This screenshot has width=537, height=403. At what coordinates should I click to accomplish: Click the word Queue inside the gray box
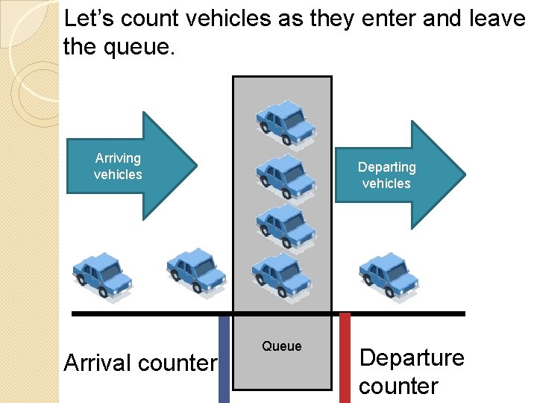pyautogui.click(x=282, y=346)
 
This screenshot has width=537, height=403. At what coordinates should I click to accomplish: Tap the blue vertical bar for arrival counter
pyautogui.click(x=224, y=358)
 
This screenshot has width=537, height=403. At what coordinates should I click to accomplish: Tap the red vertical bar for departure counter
pyautogui.click(x=345, y=358)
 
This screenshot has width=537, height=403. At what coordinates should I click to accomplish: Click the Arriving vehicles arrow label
pyautogui.click(x=118, y=166)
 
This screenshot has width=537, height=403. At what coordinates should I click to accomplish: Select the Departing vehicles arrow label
pyautogui.click(x=386, y=175)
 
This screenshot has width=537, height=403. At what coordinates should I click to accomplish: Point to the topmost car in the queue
pyautogui.click(x=285, y=121)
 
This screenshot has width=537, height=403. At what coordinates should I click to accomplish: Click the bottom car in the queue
pyautogui.click(x=282, y=274)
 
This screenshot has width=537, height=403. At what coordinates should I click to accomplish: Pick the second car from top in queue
pyautogui.click(x=285, y=175)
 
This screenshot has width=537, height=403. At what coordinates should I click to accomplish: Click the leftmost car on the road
pyautogui.click(x=103, y=274)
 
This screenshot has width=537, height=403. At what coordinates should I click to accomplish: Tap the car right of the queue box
pyautogui.click(x=389, y=274)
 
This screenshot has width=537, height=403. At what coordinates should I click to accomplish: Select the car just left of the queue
pyautogui.click(x=195, y=269)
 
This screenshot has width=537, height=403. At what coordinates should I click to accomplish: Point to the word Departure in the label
pyautogui.click(x=412, y=357)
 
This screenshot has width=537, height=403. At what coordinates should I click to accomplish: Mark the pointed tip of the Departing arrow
pyautogui.click(x=464, y=175)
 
